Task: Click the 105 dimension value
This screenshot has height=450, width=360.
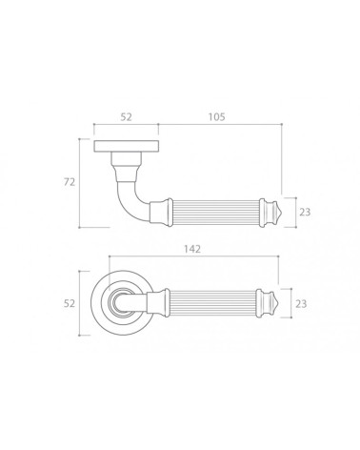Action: pyautogui.click(x=217, y=117)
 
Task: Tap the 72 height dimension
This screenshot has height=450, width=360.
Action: pyautogui.click(x=70, y=182)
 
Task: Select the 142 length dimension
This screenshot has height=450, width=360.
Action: pyautogui.click(x=192, y=249)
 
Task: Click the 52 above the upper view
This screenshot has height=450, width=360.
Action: pyautogui.click(x=126, y=117)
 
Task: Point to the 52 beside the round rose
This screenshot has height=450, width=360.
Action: pyautogui.click(x=70, y=303)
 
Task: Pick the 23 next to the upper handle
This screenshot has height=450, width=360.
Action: pyautogui.click(x=305, y=212)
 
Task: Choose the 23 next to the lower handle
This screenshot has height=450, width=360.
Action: pyautogui.click(x=301, y=304)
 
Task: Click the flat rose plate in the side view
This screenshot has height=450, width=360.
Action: pyautogui.click(x=126, y=146)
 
